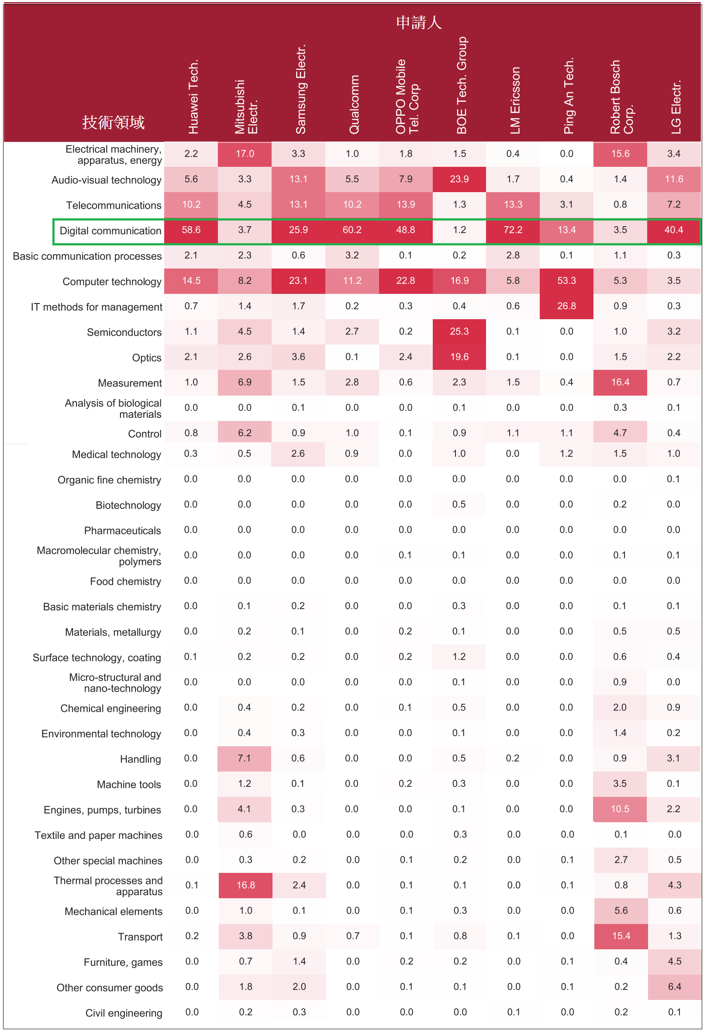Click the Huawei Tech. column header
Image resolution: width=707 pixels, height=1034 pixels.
coord(193,97)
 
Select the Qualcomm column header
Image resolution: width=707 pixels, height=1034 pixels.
coord(354,104)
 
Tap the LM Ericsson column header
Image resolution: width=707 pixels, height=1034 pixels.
coord(515,100)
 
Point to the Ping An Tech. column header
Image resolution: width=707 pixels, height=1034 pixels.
coord(569,96)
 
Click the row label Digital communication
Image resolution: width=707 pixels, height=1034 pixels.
coord(110,231)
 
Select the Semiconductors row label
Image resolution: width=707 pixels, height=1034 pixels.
coord(124,332)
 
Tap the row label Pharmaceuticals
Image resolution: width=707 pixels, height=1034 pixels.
coord(122,531)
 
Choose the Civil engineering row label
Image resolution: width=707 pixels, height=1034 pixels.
coord(124,1013)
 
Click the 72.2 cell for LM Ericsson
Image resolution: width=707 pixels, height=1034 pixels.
coord(513,230)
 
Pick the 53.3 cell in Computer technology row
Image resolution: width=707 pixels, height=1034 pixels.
coord(566,281)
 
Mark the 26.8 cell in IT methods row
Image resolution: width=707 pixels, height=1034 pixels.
coord(566,306)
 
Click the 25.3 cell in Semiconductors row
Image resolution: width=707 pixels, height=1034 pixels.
coord(459,331)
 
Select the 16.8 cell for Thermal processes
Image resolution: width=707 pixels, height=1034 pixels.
coord(245,886)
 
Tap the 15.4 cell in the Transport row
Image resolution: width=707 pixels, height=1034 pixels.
coord(621,936)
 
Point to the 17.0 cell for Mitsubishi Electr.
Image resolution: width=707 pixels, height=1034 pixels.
coord(245,154)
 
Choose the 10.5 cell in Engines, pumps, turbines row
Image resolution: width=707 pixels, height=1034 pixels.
coord(620,809)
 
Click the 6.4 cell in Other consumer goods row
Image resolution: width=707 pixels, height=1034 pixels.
coord(675,987)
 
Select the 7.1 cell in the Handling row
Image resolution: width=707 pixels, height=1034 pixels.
coord(244,758)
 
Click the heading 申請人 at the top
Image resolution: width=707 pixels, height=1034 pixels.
coord(419,22)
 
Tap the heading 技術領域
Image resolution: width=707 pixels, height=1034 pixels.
coord(114,122)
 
